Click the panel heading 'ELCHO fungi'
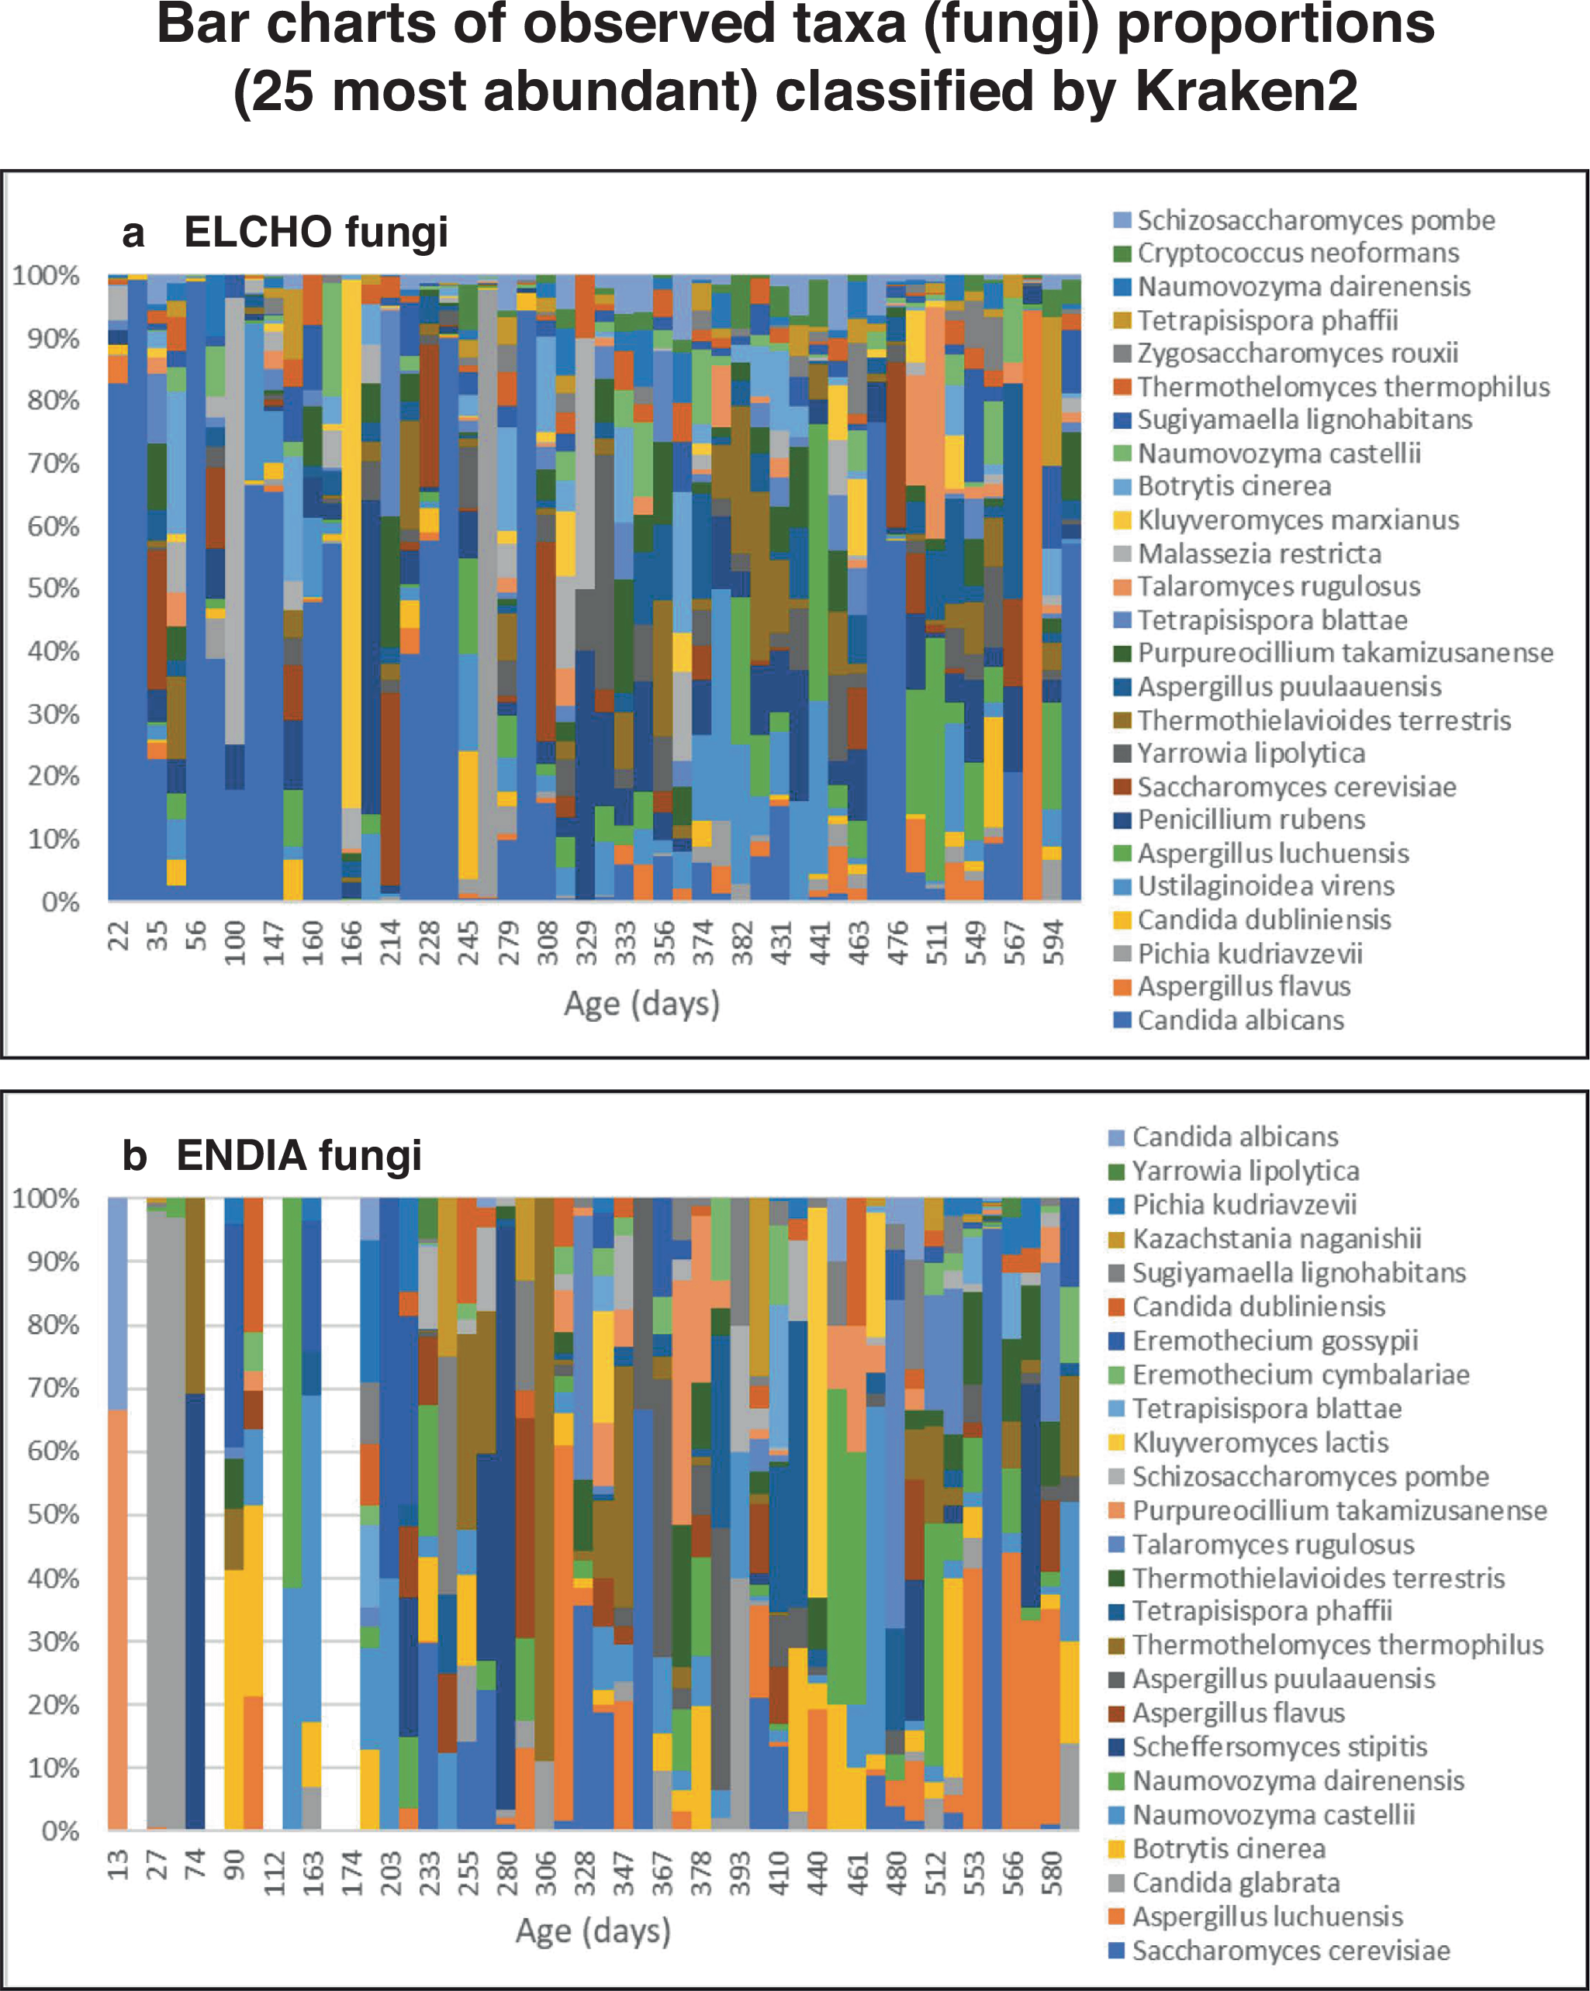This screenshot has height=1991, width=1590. pyautogui.click(x=315, y=232)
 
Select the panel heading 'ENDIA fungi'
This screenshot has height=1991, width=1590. pyautogui.click(x=299, y=1155)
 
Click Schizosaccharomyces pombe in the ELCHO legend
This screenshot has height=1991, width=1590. pyautogui.click(x=1315, y=219)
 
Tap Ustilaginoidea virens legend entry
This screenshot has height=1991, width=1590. pyautogui.click(x=1265, y=885)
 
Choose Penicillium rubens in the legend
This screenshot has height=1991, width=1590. pyautogui.click(x=1250, y=820)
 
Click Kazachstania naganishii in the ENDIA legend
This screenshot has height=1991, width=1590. pyautogui.click(x=1276, y=1238)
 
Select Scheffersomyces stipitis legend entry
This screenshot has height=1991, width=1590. pyautogui.click(x=1279, y=1746)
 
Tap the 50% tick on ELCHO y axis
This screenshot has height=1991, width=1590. pyautogui.click(x=53, y=588)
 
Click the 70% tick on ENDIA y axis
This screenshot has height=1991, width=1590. pyautogui.click(x=53, y=1388)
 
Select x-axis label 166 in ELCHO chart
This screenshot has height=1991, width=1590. pyautogui.click(x=352, y=942)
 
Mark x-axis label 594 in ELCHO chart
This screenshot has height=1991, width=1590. pyautogui.click(x=1053, y=942)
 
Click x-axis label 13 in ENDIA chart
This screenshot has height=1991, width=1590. pyautogui.click(x=117, y=1865)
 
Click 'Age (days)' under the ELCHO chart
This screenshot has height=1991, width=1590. pyautogui.click(x=641, y=1004)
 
